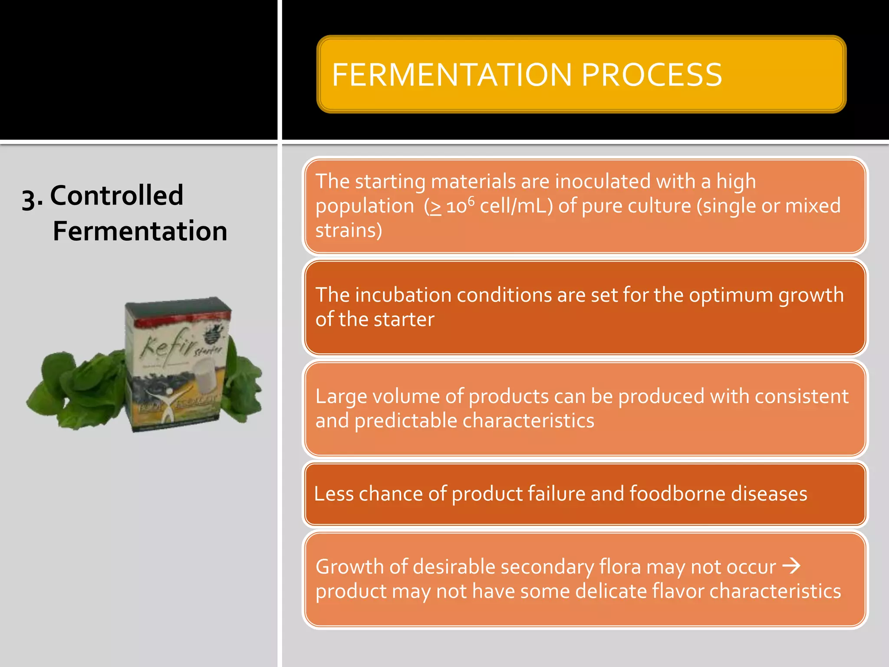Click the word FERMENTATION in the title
coord(451,75)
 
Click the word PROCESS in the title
coord(652,75)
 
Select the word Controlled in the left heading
coord(116,195)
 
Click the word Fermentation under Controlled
coord(140,231)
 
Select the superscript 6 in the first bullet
coord(471,201)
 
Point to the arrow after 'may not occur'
coord(791,566)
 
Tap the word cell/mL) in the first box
coord(516,206)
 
